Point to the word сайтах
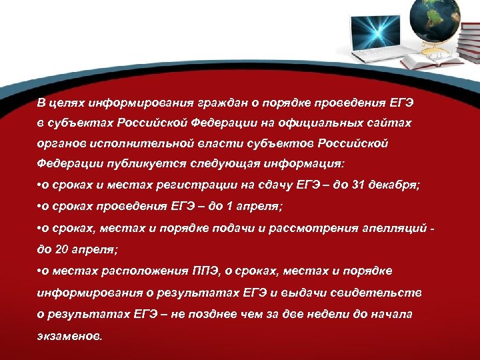point(392,123)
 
